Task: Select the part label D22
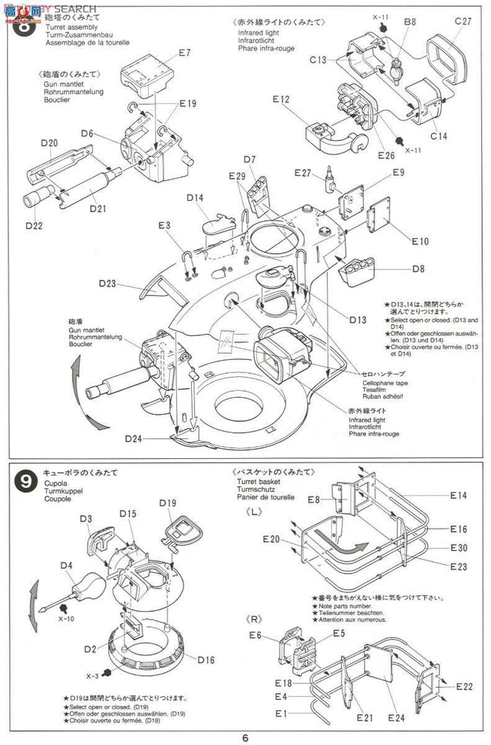pyautogui.click(x=35, y=225)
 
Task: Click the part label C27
pyautogui.click(x=463, y=22)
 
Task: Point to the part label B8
pyautogui.click(x=410, y=22)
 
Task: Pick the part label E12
pyautogui.click(x=281, y=99)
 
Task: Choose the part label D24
pyautogui.click(x=133, y=439)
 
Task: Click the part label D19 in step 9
pyautogui.click(x=168, y=503)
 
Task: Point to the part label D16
pyautogui.click(x=206, y=659)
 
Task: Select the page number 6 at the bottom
pyautogui.click(x=246, y=738)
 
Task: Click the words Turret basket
pyautogui.click(x=258, y=482)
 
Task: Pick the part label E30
pyautogui.click(x=459, y=548)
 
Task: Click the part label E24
pyautogui.click(x=396, y=718)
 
